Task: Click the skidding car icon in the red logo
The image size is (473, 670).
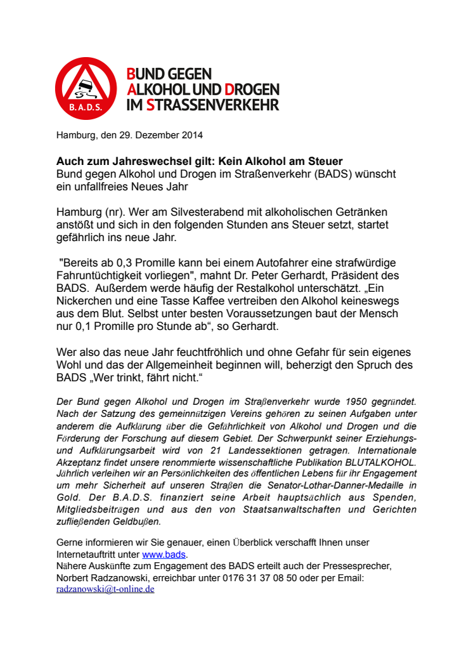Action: click(x=84, y=89)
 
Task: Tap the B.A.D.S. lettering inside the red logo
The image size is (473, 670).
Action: click(x=85, y=108)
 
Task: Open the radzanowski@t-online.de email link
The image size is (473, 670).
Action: click(x=105, y=589)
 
